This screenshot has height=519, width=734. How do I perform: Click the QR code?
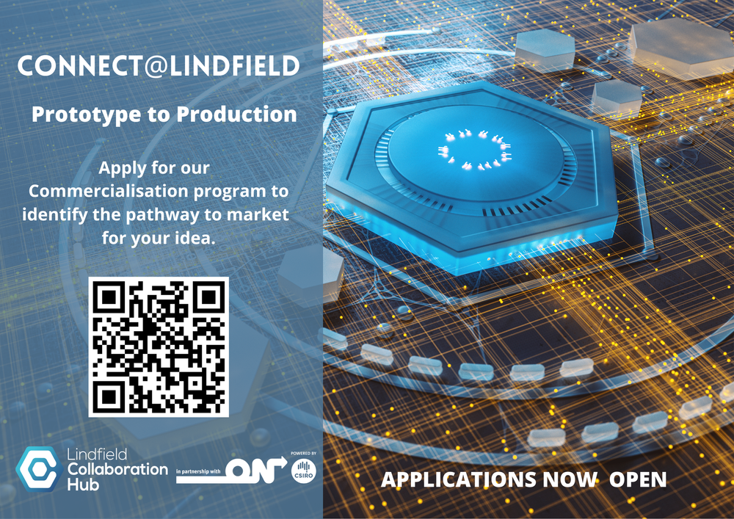(x=159, y=347)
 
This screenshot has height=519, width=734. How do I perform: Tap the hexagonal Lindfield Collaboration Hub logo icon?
(x=36, y=468)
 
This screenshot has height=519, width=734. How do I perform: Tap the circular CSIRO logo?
(x=303, y=471)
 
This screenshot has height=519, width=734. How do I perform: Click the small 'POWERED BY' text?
(x=304, y=454)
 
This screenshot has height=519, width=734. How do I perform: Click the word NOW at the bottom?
(x=570, y=480)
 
